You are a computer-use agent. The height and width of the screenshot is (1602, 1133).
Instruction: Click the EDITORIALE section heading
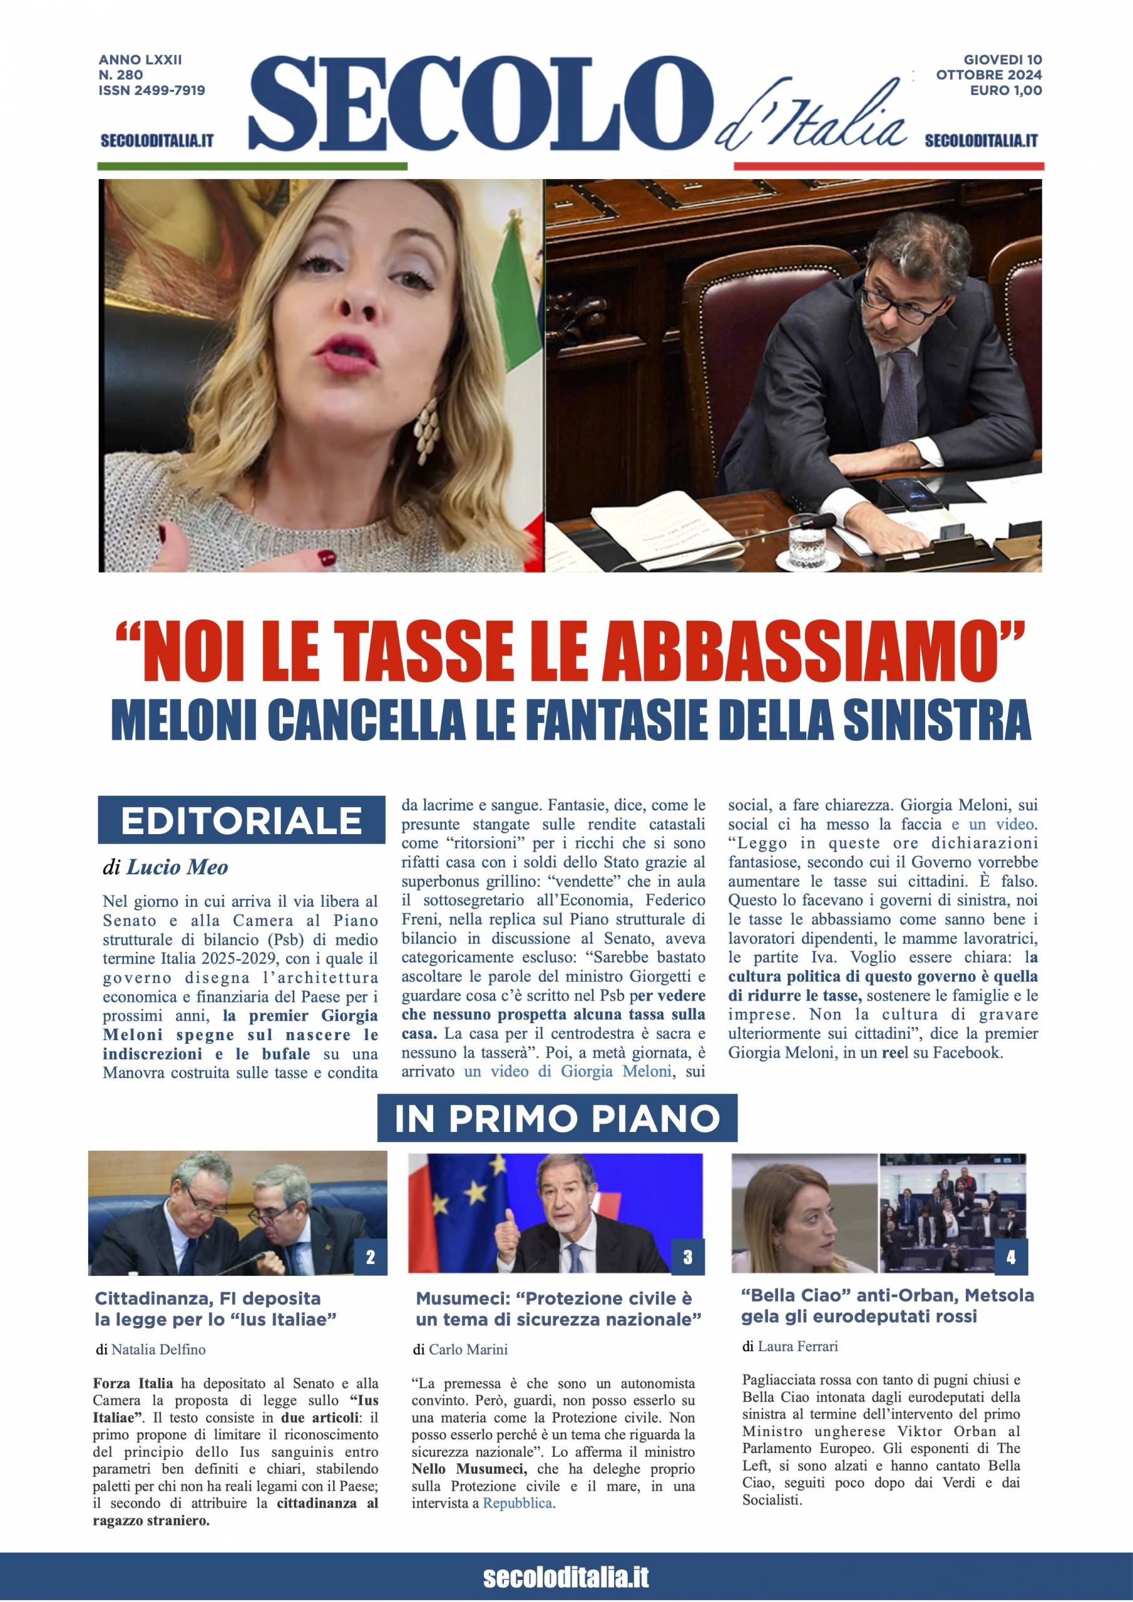tap(241, 820)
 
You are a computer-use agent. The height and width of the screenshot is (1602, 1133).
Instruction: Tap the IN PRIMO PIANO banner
tap(557, 1118)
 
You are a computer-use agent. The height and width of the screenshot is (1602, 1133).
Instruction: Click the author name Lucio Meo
tap(177, 867)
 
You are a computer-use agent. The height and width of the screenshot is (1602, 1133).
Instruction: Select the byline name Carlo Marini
tap(468, 1349)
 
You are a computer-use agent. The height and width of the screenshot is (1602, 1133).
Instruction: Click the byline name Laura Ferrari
tap(797, 1346)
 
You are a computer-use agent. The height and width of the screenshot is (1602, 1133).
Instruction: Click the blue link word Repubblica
tap(518, 1503)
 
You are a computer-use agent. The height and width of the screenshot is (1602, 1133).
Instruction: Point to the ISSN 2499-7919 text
tap(152, 90)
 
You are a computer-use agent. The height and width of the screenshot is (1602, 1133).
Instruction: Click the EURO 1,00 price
tap(1006, 90)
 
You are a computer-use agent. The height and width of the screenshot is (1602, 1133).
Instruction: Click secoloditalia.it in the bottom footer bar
tap(566, 1578)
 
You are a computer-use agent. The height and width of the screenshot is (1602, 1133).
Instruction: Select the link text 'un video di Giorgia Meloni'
tap(568, 1071)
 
